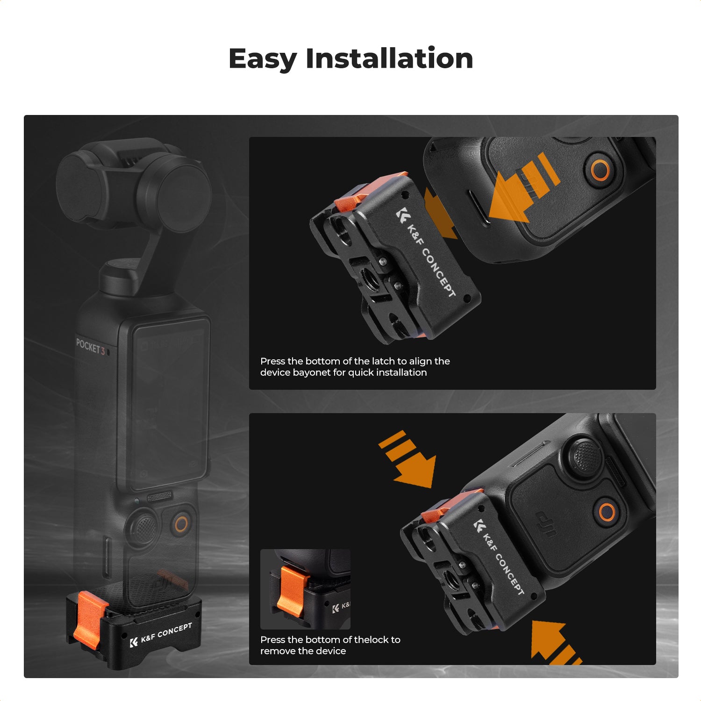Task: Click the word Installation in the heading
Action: [x=389, y=59]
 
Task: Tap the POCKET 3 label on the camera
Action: [x=90, y=347]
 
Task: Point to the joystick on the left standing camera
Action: [x=143, y=528]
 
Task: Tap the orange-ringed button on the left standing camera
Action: [x=181, y=524]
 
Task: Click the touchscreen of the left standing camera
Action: [x=168, y=402]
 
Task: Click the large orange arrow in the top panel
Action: [x=519, y=189]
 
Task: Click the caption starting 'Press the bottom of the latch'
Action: [x=355, y=367]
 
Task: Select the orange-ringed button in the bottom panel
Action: [x=607, y=512]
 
